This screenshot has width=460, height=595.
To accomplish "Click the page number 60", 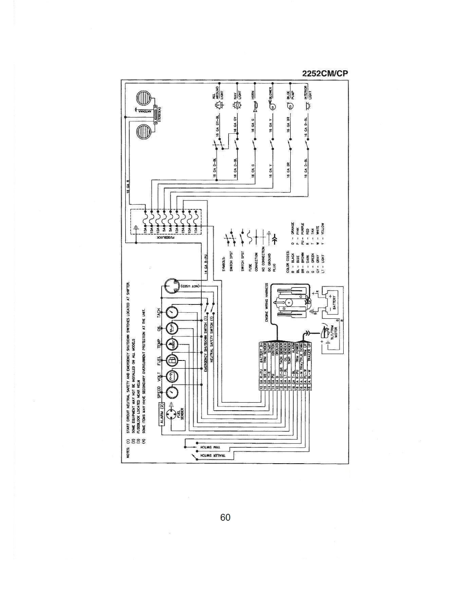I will pos(225,517).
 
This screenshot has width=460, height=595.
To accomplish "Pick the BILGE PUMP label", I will pos(290,93).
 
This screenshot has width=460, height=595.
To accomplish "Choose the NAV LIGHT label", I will pos(237,93).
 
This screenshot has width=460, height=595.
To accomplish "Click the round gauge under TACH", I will pos(172,312).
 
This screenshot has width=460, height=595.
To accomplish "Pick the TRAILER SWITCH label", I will pos(211,456).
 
